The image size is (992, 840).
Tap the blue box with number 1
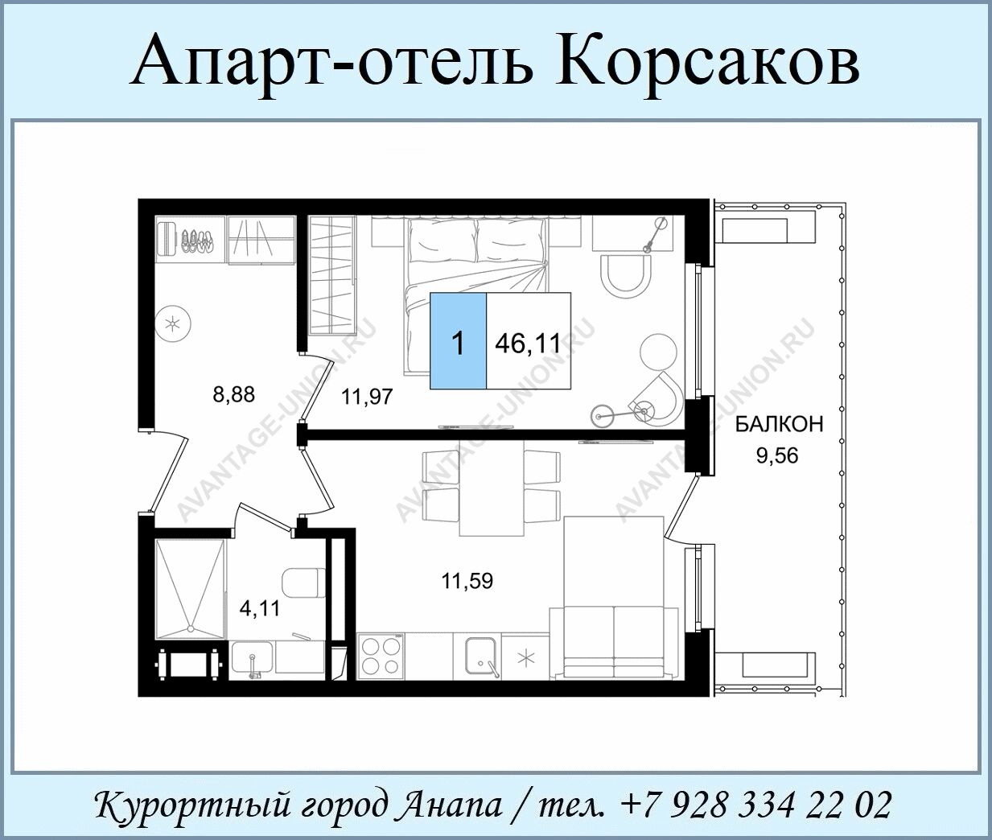point(459,340)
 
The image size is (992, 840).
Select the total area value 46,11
point(528,344)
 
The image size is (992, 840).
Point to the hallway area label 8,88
point(234,395)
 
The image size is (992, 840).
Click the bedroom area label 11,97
point(367,397)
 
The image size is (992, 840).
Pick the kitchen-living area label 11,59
point(467,582)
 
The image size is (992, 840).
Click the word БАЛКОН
point(780,425)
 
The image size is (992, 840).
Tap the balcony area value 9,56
point(777,455)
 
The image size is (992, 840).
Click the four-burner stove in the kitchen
point(381,657)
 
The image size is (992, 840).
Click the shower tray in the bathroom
point(191,590)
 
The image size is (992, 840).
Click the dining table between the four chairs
point(492,488)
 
